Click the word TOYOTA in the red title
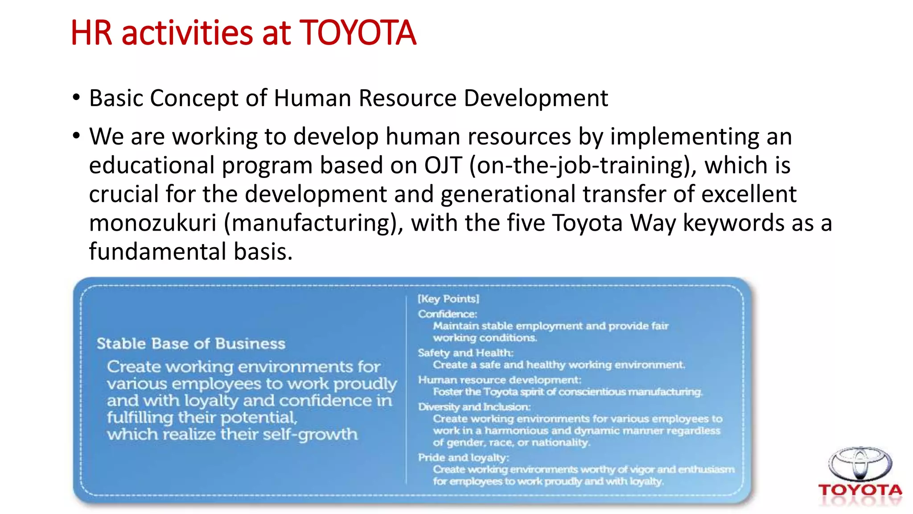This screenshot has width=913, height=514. (x=358, y=33)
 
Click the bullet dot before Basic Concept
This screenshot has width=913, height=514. (x=76, y=97)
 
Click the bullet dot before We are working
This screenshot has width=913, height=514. (x=76, y=135)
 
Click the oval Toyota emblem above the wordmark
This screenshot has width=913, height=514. (x=860, y=464)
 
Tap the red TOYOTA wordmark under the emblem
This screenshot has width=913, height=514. (x=860, y=490)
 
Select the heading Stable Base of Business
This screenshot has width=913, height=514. (x=191, y=344)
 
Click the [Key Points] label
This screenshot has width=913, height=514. (x=448, y=299)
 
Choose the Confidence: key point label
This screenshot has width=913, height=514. (x=447, y=314)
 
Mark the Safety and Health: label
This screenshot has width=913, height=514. (x=465, y=353)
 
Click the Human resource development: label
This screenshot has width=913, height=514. (x=499, y=380)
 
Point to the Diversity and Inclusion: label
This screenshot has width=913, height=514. (x=474, y=407)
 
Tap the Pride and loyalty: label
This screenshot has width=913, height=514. (x=463, y=458)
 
